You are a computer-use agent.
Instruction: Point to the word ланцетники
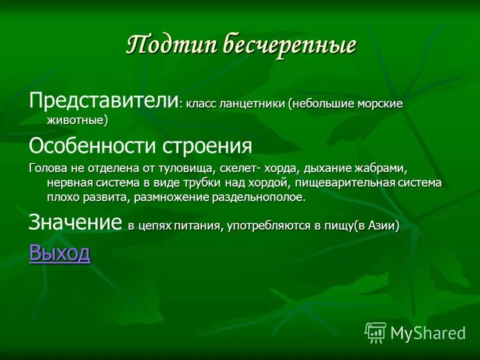click(252, 104)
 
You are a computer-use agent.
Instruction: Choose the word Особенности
click(89, 146)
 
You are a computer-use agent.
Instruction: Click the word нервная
click(70, 183)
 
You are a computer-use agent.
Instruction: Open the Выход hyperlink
click(59, 253)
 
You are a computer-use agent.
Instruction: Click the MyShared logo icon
click(376, 332)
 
